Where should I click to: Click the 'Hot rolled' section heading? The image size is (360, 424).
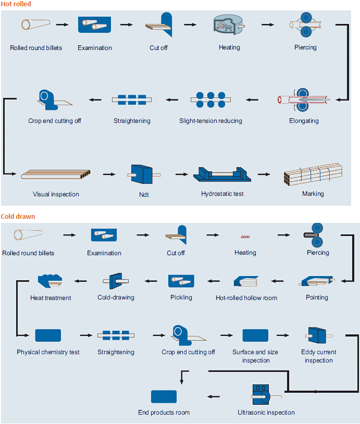16,4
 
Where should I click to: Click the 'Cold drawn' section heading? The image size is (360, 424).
18,216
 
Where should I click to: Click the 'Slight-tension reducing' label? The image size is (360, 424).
210,121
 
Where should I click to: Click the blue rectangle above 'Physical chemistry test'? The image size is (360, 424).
48,335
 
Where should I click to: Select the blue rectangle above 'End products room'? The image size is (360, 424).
164,396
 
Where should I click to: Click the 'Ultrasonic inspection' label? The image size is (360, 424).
266,413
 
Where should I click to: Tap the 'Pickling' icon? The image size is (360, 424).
181,281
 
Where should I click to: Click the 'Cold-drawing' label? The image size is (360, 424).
116,297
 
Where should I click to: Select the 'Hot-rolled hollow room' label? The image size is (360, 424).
246,298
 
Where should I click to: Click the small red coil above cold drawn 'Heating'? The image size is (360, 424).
245,236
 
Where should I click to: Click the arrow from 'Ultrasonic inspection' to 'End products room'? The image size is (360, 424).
214,396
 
